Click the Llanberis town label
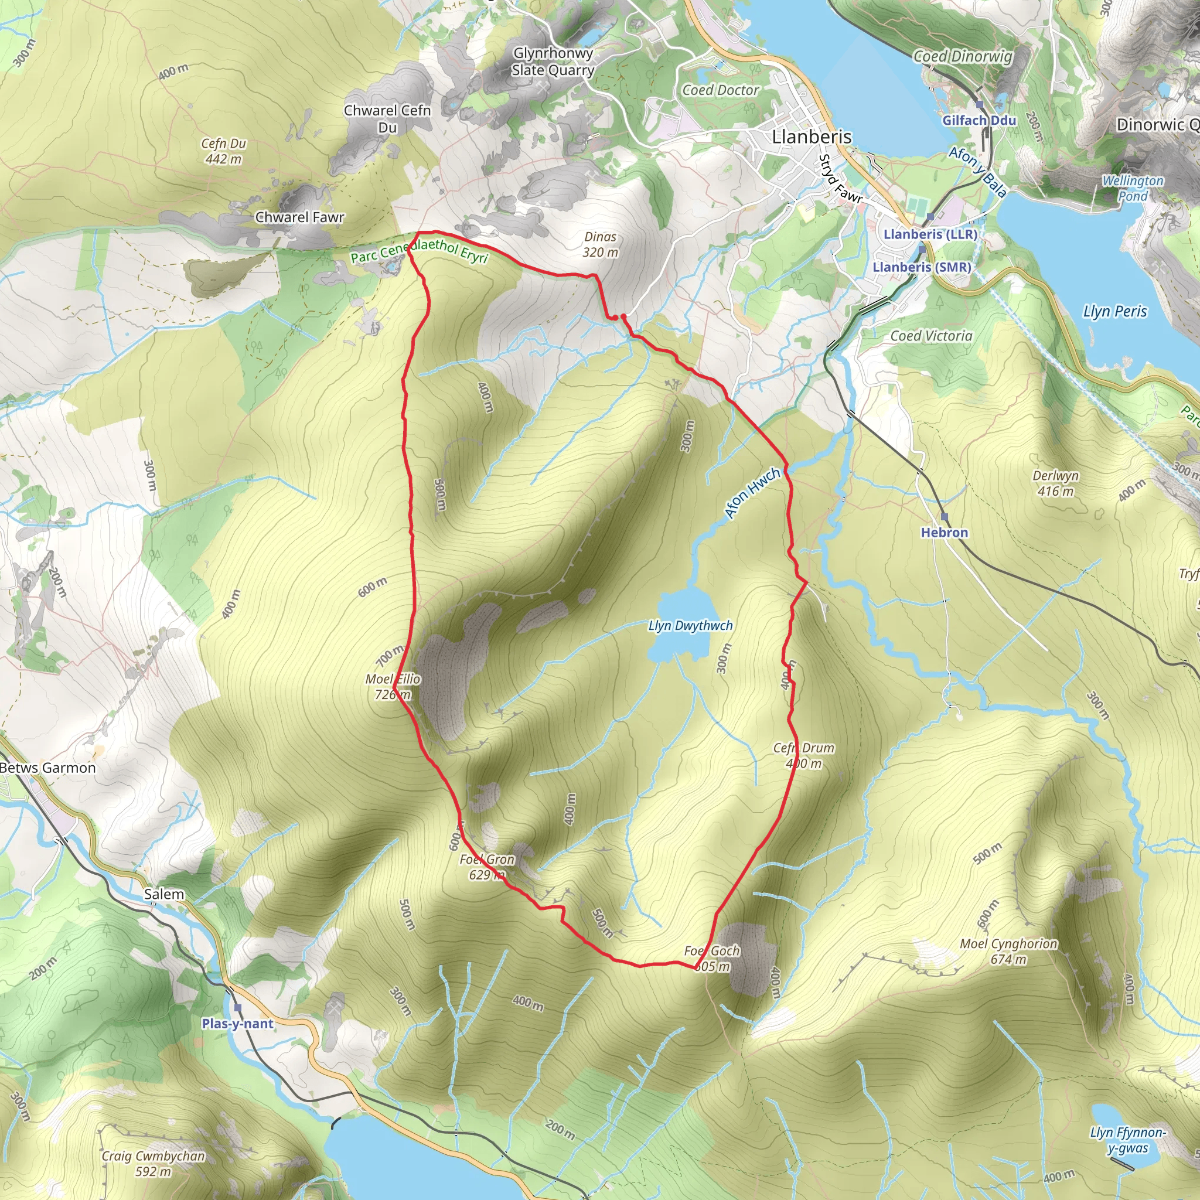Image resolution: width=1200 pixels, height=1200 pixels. [811, 137]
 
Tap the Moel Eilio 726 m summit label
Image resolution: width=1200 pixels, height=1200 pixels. [393, 686]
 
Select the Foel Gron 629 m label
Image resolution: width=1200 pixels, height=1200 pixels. [487, 867]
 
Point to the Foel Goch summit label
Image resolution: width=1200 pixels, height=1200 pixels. [712, 959]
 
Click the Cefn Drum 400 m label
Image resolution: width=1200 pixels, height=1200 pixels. [804, 755]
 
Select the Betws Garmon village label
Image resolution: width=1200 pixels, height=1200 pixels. [48, 768]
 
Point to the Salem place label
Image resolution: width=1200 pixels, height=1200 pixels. [164, 894]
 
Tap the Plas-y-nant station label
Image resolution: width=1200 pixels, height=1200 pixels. [237, 1024]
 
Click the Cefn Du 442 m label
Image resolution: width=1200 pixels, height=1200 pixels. [224, 151]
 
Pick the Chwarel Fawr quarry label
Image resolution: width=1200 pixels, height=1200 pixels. [299, 217]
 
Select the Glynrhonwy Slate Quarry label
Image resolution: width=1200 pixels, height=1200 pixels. [553, 62]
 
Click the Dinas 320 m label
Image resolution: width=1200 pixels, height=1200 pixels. [600, 244]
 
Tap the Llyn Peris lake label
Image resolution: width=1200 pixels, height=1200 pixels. [1115, 311]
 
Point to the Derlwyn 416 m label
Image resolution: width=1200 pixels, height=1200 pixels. [1056, 483]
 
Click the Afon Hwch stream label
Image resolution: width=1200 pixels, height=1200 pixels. [753, 493]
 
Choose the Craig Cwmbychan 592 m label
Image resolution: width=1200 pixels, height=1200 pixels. [154, 1163]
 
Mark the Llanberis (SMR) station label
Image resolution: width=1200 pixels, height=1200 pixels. [922, 267]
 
